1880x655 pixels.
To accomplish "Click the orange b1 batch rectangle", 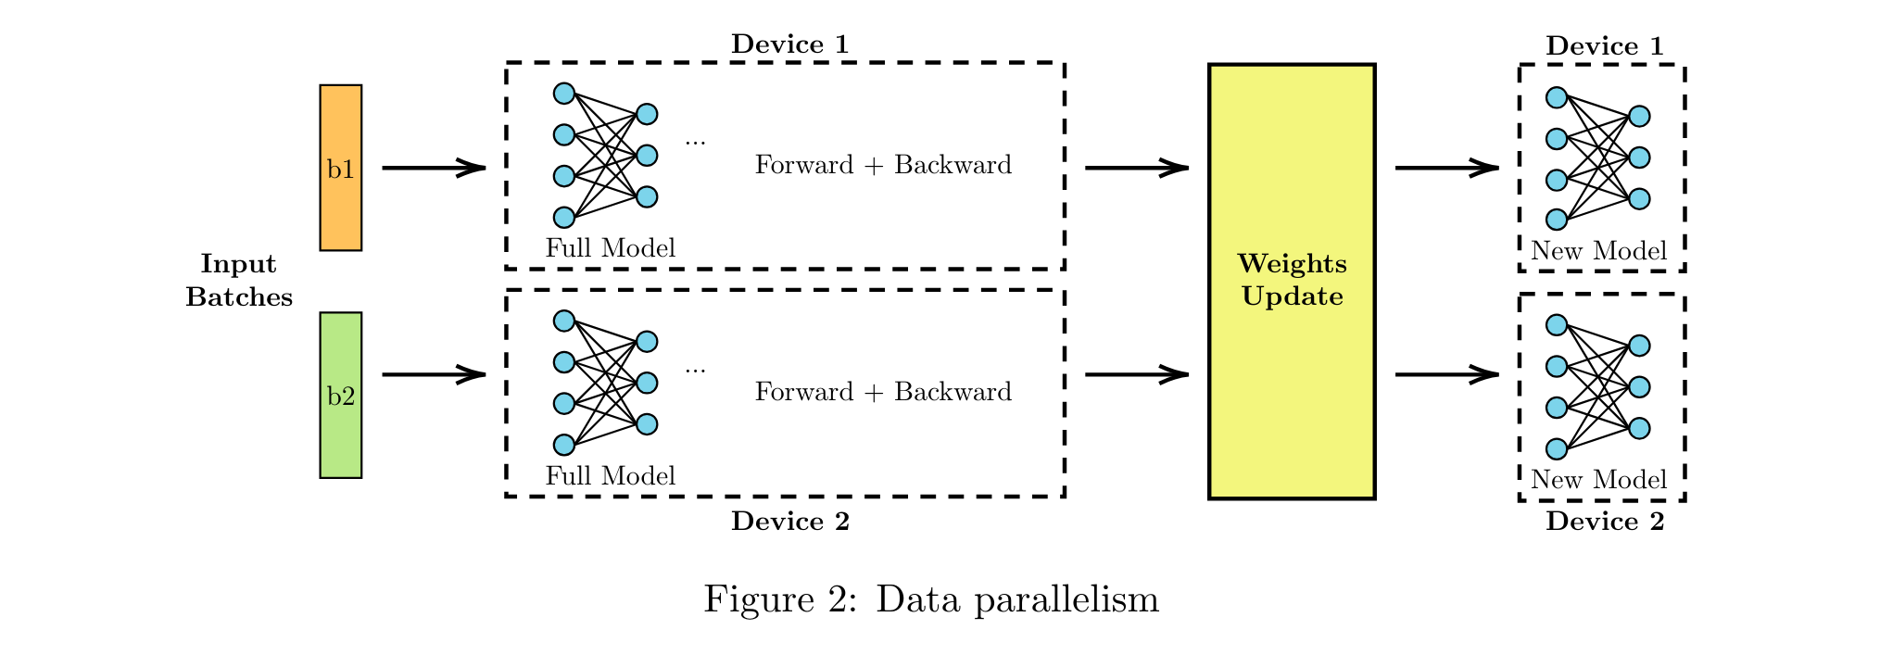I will [340, 168].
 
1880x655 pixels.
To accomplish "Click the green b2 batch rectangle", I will [340, 395].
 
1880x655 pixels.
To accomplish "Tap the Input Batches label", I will [238, 280].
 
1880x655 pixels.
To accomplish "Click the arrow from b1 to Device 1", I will [433, 168].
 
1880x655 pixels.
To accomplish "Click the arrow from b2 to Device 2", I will [433, 374].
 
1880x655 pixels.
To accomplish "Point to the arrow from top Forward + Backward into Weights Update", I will [1136, 168].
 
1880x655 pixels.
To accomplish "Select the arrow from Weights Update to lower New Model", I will [1445, 374].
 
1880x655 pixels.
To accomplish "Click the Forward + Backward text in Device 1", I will [882, 165].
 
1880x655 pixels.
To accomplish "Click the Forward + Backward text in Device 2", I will [882, 392].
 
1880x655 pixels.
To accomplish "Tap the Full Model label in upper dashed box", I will [610, 248].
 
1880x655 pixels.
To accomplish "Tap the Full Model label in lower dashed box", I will [610, 476].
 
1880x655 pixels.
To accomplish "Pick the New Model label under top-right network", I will [1598, 251].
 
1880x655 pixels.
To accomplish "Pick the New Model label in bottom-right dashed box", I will [1598, 480].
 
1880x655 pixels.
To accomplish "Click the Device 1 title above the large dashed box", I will [789, 44].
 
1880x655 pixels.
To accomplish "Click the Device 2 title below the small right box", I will [1604, 522].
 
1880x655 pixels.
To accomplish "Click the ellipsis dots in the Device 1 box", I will [695, 142].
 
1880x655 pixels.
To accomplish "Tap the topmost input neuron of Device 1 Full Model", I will [563, 93].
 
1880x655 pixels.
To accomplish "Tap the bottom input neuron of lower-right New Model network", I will [1556, 449].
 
